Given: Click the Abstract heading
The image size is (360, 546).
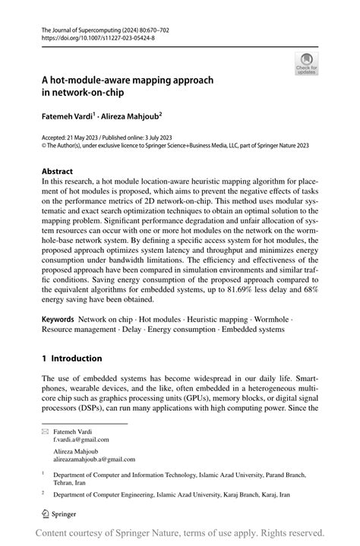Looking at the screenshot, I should tap(57, 172).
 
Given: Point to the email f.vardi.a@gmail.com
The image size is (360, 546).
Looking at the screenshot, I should tap(81, 440).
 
